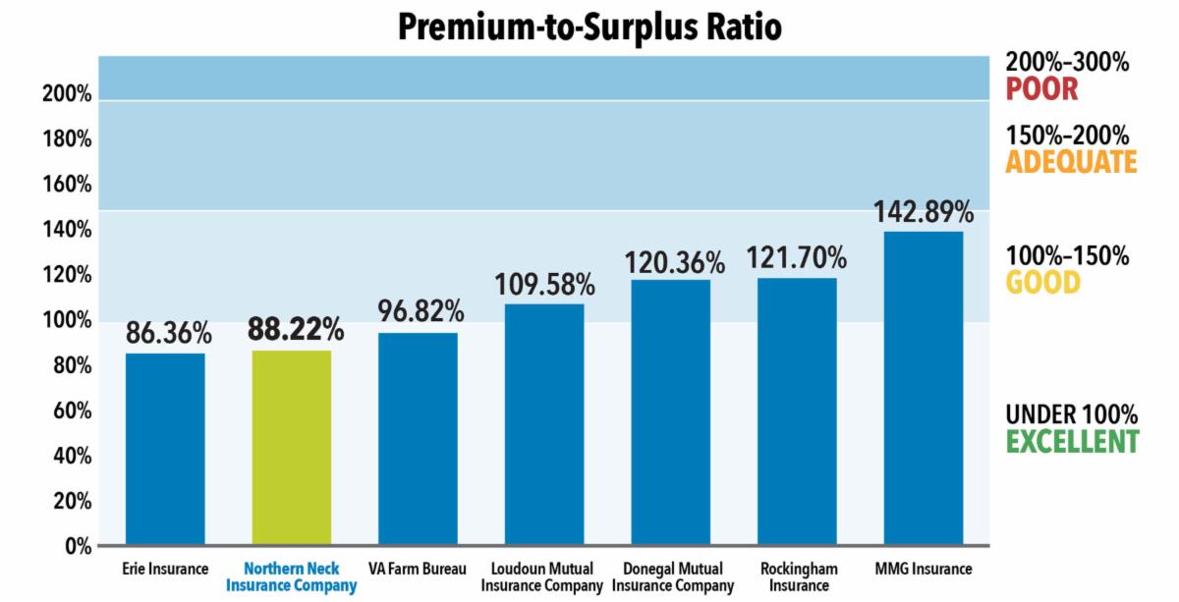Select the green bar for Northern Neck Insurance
[x=292, y=447]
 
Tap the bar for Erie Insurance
[x=165, y=449]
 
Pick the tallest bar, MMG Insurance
[x=924, y=388]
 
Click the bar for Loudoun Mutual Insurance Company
[x=544, y=424]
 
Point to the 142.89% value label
[x=924, y=212]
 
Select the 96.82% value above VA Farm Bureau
[x=421, y=312]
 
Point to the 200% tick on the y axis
[x=67, y=95]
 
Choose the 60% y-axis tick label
[x=70, y=410]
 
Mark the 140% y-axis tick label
[x=67, y=231]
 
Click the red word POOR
[x=1040, y=89]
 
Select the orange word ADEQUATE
[x=1070, y=162]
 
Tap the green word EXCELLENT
[x=1072, y=441]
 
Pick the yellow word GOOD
[x=1041, y=283]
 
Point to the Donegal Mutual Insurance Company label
[x=674, y=577]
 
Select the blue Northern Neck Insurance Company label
[x=292, y=577]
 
